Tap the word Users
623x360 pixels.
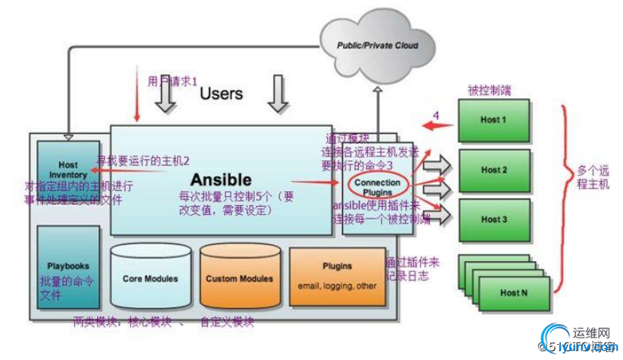tap(221, 93)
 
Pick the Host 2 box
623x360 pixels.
tap(495, 170)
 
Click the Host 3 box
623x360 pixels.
tap(495, 220)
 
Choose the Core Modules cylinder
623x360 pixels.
tap(150, 279)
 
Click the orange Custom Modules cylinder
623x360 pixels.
tap(239, 279)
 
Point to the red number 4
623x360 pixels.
tap(436, 115)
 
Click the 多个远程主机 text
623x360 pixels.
tap(593, 177)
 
